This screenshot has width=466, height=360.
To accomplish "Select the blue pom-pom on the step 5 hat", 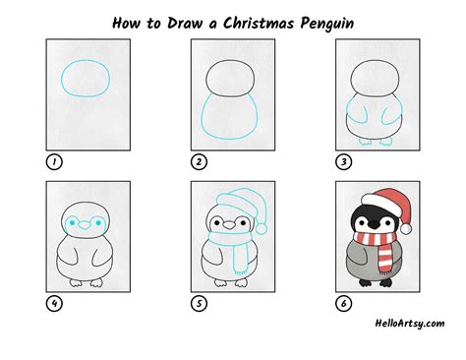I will pyautogui.click(x=263, y=228).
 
